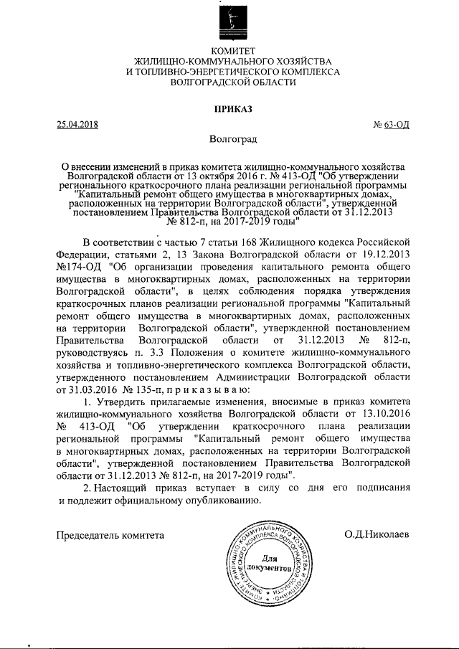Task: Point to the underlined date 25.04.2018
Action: tap(77, 124)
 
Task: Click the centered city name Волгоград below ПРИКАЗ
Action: tap(229, 138)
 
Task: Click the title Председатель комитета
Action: tap(111, 535)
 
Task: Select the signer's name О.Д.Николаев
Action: tap(376, 535)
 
